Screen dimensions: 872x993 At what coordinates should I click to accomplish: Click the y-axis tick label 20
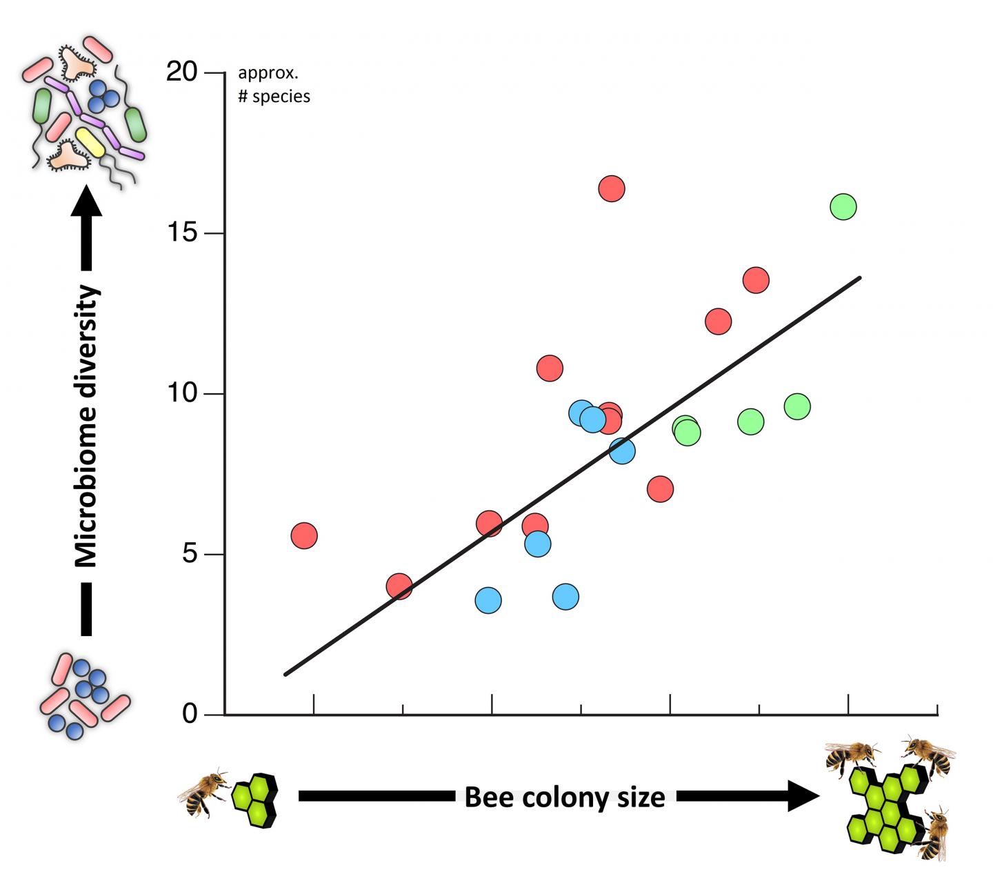182,71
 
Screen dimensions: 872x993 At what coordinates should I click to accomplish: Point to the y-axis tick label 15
182,232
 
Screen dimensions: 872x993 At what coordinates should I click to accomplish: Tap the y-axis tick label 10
182,393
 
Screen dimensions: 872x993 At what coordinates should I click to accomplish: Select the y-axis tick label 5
190,554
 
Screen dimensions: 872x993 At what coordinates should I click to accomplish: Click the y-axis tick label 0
190,714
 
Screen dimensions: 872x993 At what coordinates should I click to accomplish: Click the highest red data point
612,188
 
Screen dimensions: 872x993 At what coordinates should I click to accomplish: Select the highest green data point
843,206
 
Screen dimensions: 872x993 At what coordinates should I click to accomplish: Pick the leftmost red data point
304,535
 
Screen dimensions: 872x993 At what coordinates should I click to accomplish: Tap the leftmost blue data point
488,600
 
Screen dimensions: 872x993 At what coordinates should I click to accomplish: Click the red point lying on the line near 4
399,587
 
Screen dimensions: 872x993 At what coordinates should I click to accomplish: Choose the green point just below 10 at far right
796,406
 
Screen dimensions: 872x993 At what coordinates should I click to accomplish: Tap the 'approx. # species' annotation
274,85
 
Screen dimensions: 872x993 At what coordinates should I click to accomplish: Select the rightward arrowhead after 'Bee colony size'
803,796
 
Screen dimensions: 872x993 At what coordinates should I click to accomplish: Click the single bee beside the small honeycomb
205,793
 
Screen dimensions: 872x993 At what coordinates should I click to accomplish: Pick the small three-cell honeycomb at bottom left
254,799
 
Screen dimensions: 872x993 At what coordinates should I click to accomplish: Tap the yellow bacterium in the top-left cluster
90,141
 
